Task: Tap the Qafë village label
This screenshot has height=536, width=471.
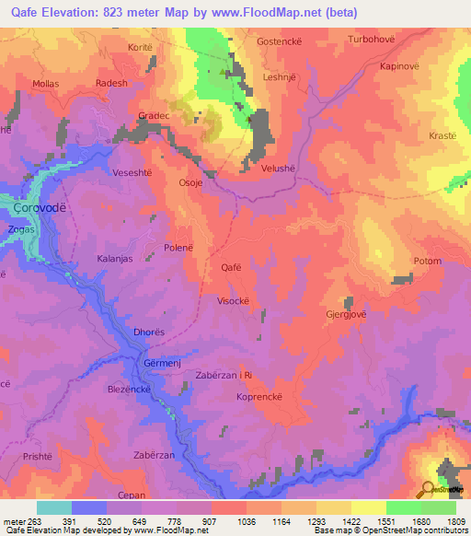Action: [x=232, y=267]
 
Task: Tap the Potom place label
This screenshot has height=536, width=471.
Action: [x=428, y=262]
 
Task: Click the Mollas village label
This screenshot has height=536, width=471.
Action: [x=46, y=83]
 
